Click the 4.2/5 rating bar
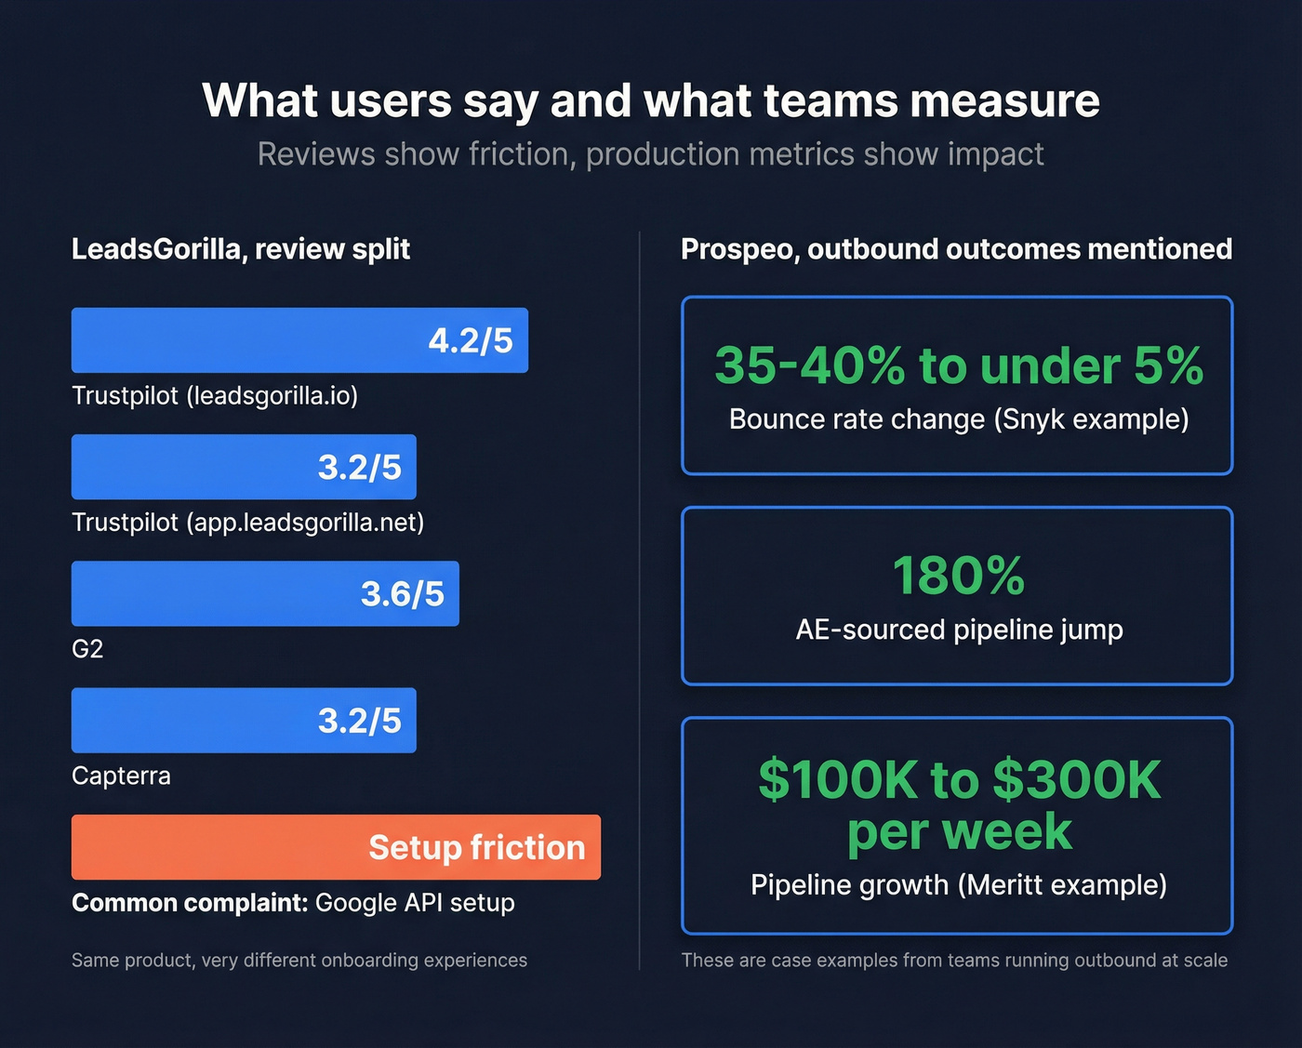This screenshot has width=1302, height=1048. coord(299,340)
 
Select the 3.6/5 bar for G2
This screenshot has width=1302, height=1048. coord(265,593)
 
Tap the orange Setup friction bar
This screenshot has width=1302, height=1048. coord(336,847)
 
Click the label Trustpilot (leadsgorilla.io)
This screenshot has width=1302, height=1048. coord(215,395)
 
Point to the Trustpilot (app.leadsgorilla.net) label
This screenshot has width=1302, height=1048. coord(247,522)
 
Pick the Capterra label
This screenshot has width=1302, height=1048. coord(121,776)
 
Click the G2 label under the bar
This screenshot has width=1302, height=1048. coord(87,649)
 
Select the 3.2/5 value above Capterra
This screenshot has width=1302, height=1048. coord(359,721)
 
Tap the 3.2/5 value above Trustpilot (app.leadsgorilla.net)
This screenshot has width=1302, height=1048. coord(359,467)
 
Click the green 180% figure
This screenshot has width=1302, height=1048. coord(958,576)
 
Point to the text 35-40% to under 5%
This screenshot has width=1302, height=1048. coord(958,365)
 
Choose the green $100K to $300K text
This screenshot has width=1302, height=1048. coord(959,779)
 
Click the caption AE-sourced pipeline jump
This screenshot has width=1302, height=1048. coord(959,630)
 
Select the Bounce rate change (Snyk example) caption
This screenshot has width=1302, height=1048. coord(959,419)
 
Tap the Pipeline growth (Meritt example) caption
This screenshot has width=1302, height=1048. coord(959,884)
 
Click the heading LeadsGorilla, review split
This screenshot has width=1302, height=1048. coord(241,249)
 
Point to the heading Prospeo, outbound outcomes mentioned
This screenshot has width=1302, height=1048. coord(956,249)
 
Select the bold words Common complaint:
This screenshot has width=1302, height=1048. coord(189,903)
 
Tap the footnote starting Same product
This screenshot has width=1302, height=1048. coord(299,960)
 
